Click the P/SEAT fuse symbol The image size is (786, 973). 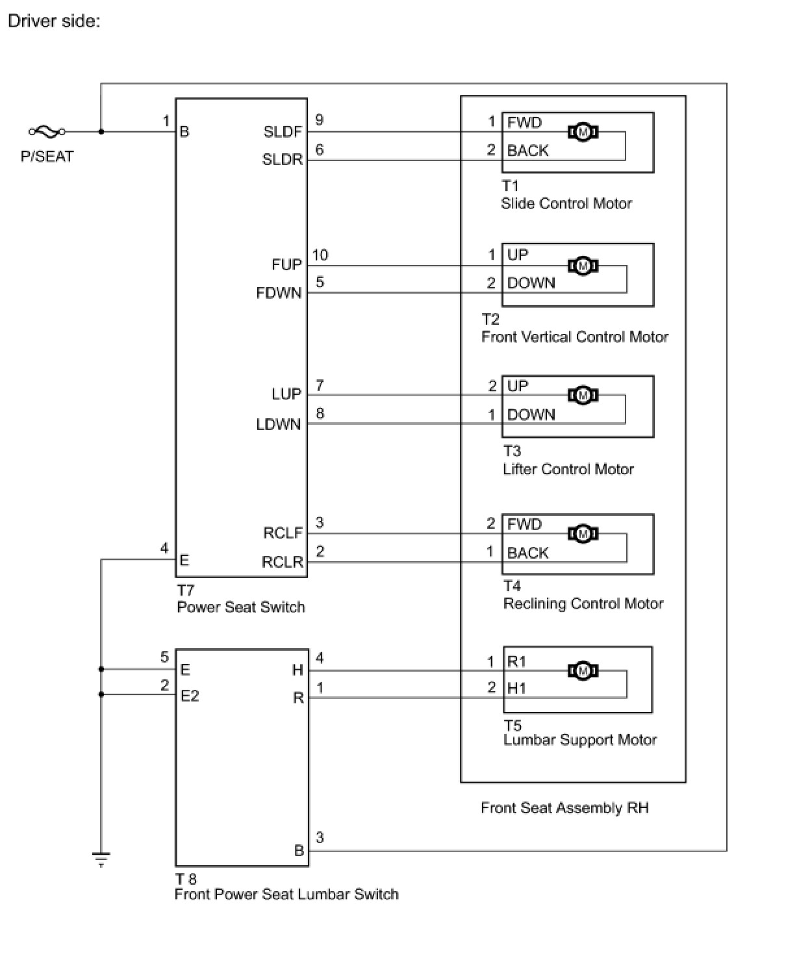(46, 132)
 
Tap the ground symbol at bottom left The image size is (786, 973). (101, 861)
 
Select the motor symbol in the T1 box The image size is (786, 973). (583, 133)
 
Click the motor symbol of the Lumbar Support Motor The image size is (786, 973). (583, 670)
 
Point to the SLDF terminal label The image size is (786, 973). (283, 132)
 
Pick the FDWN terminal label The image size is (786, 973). (279, 293)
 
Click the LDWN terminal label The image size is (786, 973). (279, 424)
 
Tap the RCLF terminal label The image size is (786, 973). (283, 533)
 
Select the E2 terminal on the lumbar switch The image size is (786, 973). (190, 696)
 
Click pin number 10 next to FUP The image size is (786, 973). (320, 255)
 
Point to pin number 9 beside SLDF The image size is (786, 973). (319, 120)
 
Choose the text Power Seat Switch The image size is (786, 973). (241, 607)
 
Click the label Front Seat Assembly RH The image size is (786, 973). (564, 808)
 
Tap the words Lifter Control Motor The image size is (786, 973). (568, 469)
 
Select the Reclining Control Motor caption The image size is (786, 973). (583, 603)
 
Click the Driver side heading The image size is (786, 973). (54, 21)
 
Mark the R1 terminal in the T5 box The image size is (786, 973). (516, 662)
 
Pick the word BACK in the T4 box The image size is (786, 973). (527, 553)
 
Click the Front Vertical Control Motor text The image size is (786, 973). (575, 336)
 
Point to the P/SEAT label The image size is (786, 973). (47, 157)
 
